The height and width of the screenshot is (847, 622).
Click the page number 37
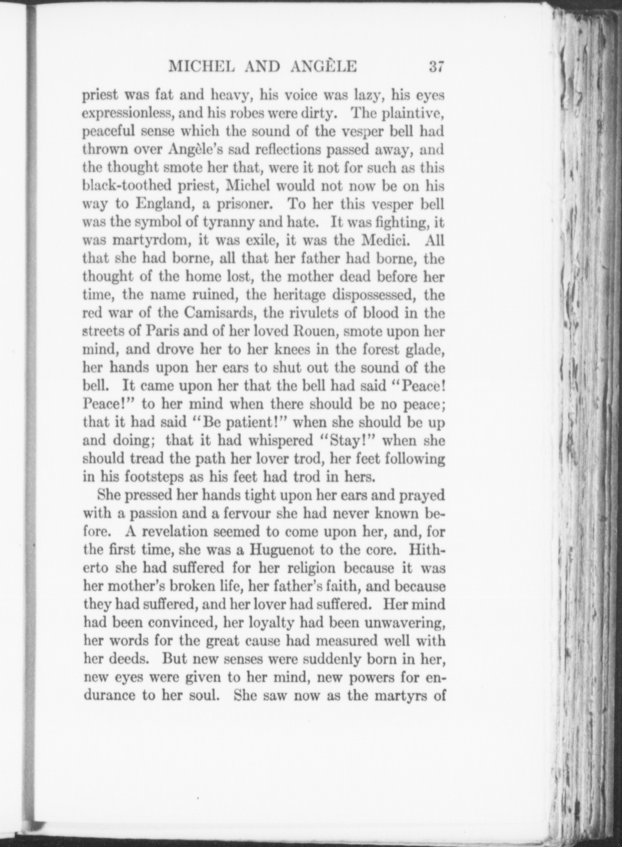point(436,66)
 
